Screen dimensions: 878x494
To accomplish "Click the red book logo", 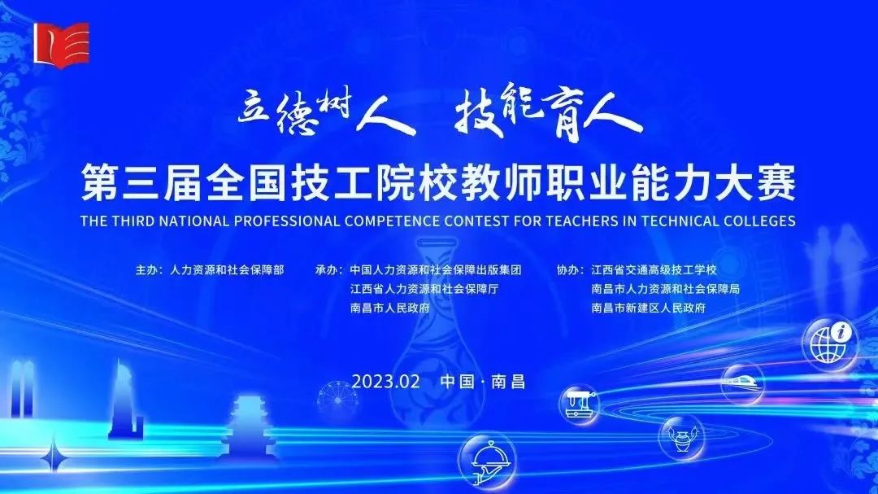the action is click(x=61, y=44).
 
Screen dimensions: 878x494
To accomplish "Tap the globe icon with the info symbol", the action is click(x=830, y=342).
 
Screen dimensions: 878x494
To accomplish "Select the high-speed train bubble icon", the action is click(x=742, y=383).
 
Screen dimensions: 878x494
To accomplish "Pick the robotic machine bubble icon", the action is click(x=580, y=404).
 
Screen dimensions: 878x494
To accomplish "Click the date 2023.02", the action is click(x=386, y=382).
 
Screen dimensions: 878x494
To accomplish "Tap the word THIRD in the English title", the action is click(x=133, y=221).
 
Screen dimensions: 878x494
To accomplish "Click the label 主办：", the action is click(x=150, y=269).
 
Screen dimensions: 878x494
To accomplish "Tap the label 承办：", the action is click(x=329, y=269).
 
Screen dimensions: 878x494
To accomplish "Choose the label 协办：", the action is click(x=571, y=269).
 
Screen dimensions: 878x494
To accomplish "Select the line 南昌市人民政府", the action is click(x=390, y=308).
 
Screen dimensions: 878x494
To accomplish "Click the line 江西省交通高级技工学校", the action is click(x=654, y=269).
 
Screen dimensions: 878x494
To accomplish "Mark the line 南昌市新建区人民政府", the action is click(x=649, y=308).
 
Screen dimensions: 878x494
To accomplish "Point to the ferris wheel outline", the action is click(x=337, y=400).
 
